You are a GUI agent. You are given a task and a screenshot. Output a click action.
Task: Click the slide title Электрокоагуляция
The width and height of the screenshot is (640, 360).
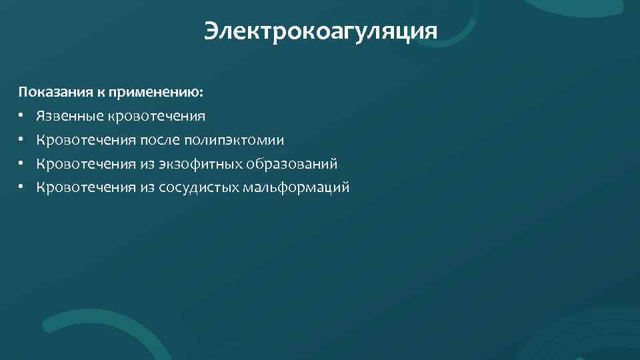click(320, 31)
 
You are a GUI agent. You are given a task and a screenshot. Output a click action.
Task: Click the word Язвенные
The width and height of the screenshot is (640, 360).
click(69, 117)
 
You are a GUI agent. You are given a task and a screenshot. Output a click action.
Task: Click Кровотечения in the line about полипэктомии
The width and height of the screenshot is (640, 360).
click(86, 140)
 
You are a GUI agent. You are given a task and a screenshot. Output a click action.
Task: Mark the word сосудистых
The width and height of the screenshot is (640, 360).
click(199, 187)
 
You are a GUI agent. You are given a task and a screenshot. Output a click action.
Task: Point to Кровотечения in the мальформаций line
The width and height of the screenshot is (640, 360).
click(86, 187)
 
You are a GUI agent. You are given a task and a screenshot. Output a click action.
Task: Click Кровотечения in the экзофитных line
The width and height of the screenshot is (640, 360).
click(86, 164)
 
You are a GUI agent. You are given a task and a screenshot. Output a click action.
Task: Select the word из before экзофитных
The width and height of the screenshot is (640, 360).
click(147, 164)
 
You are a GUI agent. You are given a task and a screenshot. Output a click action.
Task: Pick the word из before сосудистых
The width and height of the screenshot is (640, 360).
click(147, 187)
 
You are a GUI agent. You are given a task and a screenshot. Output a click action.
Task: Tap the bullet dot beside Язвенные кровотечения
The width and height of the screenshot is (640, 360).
click(21, 117)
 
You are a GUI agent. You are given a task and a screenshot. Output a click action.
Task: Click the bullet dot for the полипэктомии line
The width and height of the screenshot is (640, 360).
click(21, 140)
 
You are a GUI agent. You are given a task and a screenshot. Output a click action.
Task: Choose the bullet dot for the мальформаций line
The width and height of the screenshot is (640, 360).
click(21, 187)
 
